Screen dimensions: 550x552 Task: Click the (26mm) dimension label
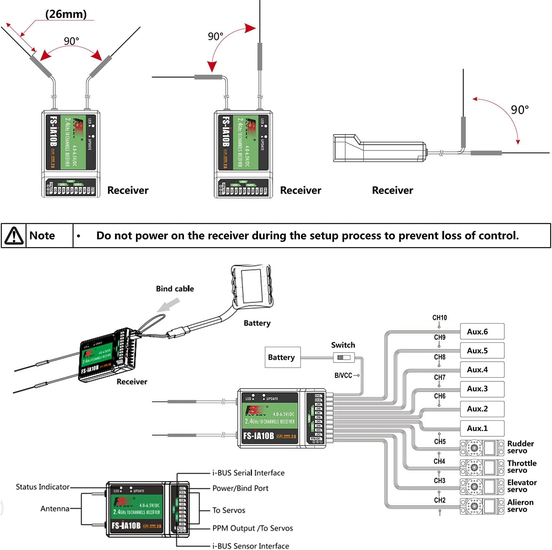pos(66,14)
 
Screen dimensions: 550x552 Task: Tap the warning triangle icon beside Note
pos(14,235)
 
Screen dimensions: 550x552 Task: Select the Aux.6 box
pos(482,332)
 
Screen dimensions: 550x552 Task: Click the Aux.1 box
pos(482,428)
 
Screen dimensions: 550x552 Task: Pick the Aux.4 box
pos(482,370)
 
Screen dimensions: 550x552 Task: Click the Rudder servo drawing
pos(482,448)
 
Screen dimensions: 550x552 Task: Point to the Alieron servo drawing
pos(482,506)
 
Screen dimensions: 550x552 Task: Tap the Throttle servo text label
pos(521,467)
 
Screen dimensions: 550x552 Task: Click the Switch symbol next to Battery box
pos(344,357)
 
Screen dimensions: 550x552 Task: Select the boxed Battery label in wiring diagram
pos(282,357)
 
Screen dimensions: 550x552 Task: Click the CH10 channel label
pos(439,318)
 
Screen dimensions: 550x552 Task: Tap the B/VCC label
pos(343,375)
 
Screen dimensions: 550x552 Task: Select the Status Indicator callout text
pos(42,487)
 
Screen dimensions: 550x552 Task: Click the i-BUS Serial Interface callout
pos(248,473)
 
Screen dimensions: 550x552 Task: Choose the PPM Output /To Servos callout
pos(253,528)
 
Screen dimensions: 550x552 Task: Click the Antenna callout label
pos(55,509)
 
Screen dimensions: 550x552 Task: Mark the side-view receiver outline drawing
pos(379,148)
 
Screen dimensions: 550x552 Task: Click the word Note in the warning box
pos(42,235)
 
